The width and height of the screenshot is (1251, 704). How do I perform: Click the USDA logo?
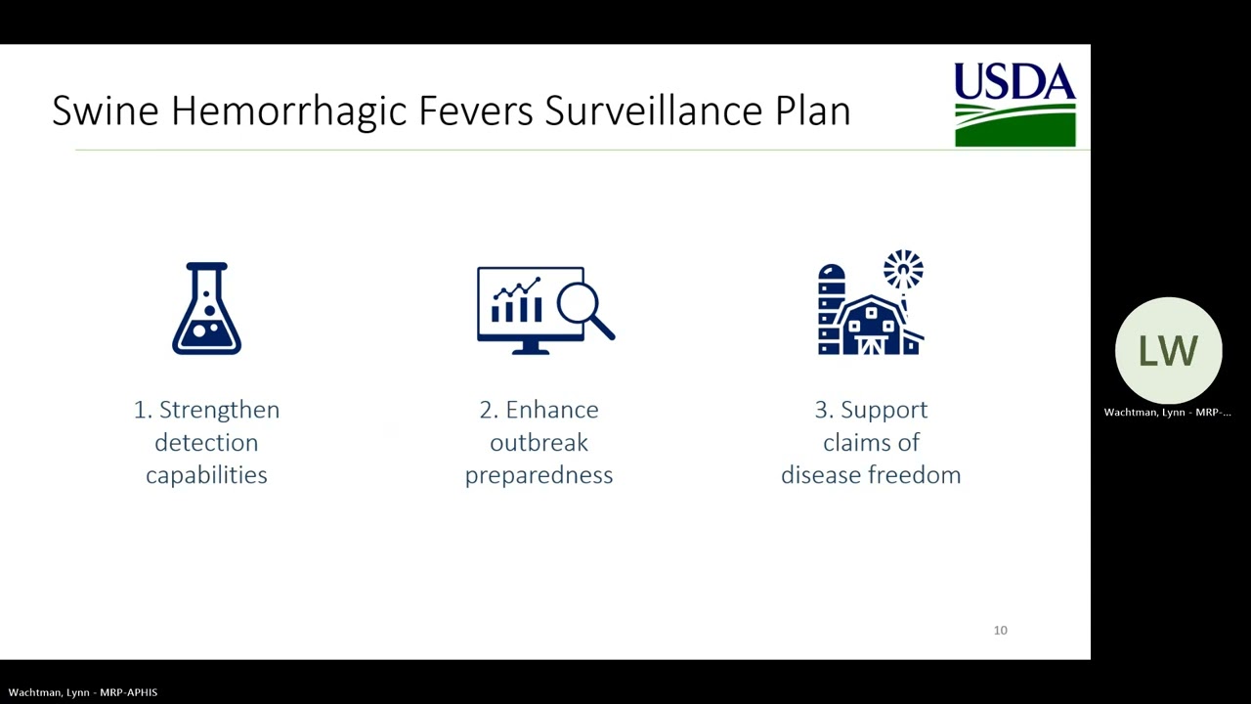[x=1014, y=105]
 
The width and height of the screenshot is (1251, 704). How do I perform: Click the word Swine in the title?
[x=105, y=110]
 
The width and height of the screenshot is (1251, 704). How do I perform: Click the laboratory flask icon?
[x=206, y=308]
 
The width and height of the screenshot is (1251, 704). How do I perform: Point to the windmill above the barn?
[x=903, y=271]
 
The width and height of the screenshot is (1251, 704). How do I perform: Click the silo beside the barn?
[x=831, y=308]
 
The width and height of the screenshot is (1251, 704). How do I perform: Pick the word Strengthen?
[x=219, y=410]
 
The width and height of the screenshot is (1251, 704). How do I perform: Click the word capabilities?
[x=206, y=475]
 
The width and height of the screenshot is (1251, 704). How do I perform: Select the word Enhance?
[x=551, y=410]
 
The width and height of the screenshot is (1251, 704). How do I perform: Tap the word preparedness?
[x=539, y=475]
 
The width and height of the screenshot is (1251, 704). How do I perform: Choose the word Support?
[x=884, y=410]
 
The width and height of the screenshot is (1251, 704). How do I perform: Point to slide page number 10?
[x=1000, y=631]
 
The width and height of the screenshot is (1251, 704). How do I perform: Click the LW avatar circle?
[x=1168, y=351]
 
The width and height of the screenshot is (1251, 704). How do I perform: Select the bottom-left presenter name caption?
[x=83, y=692]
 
